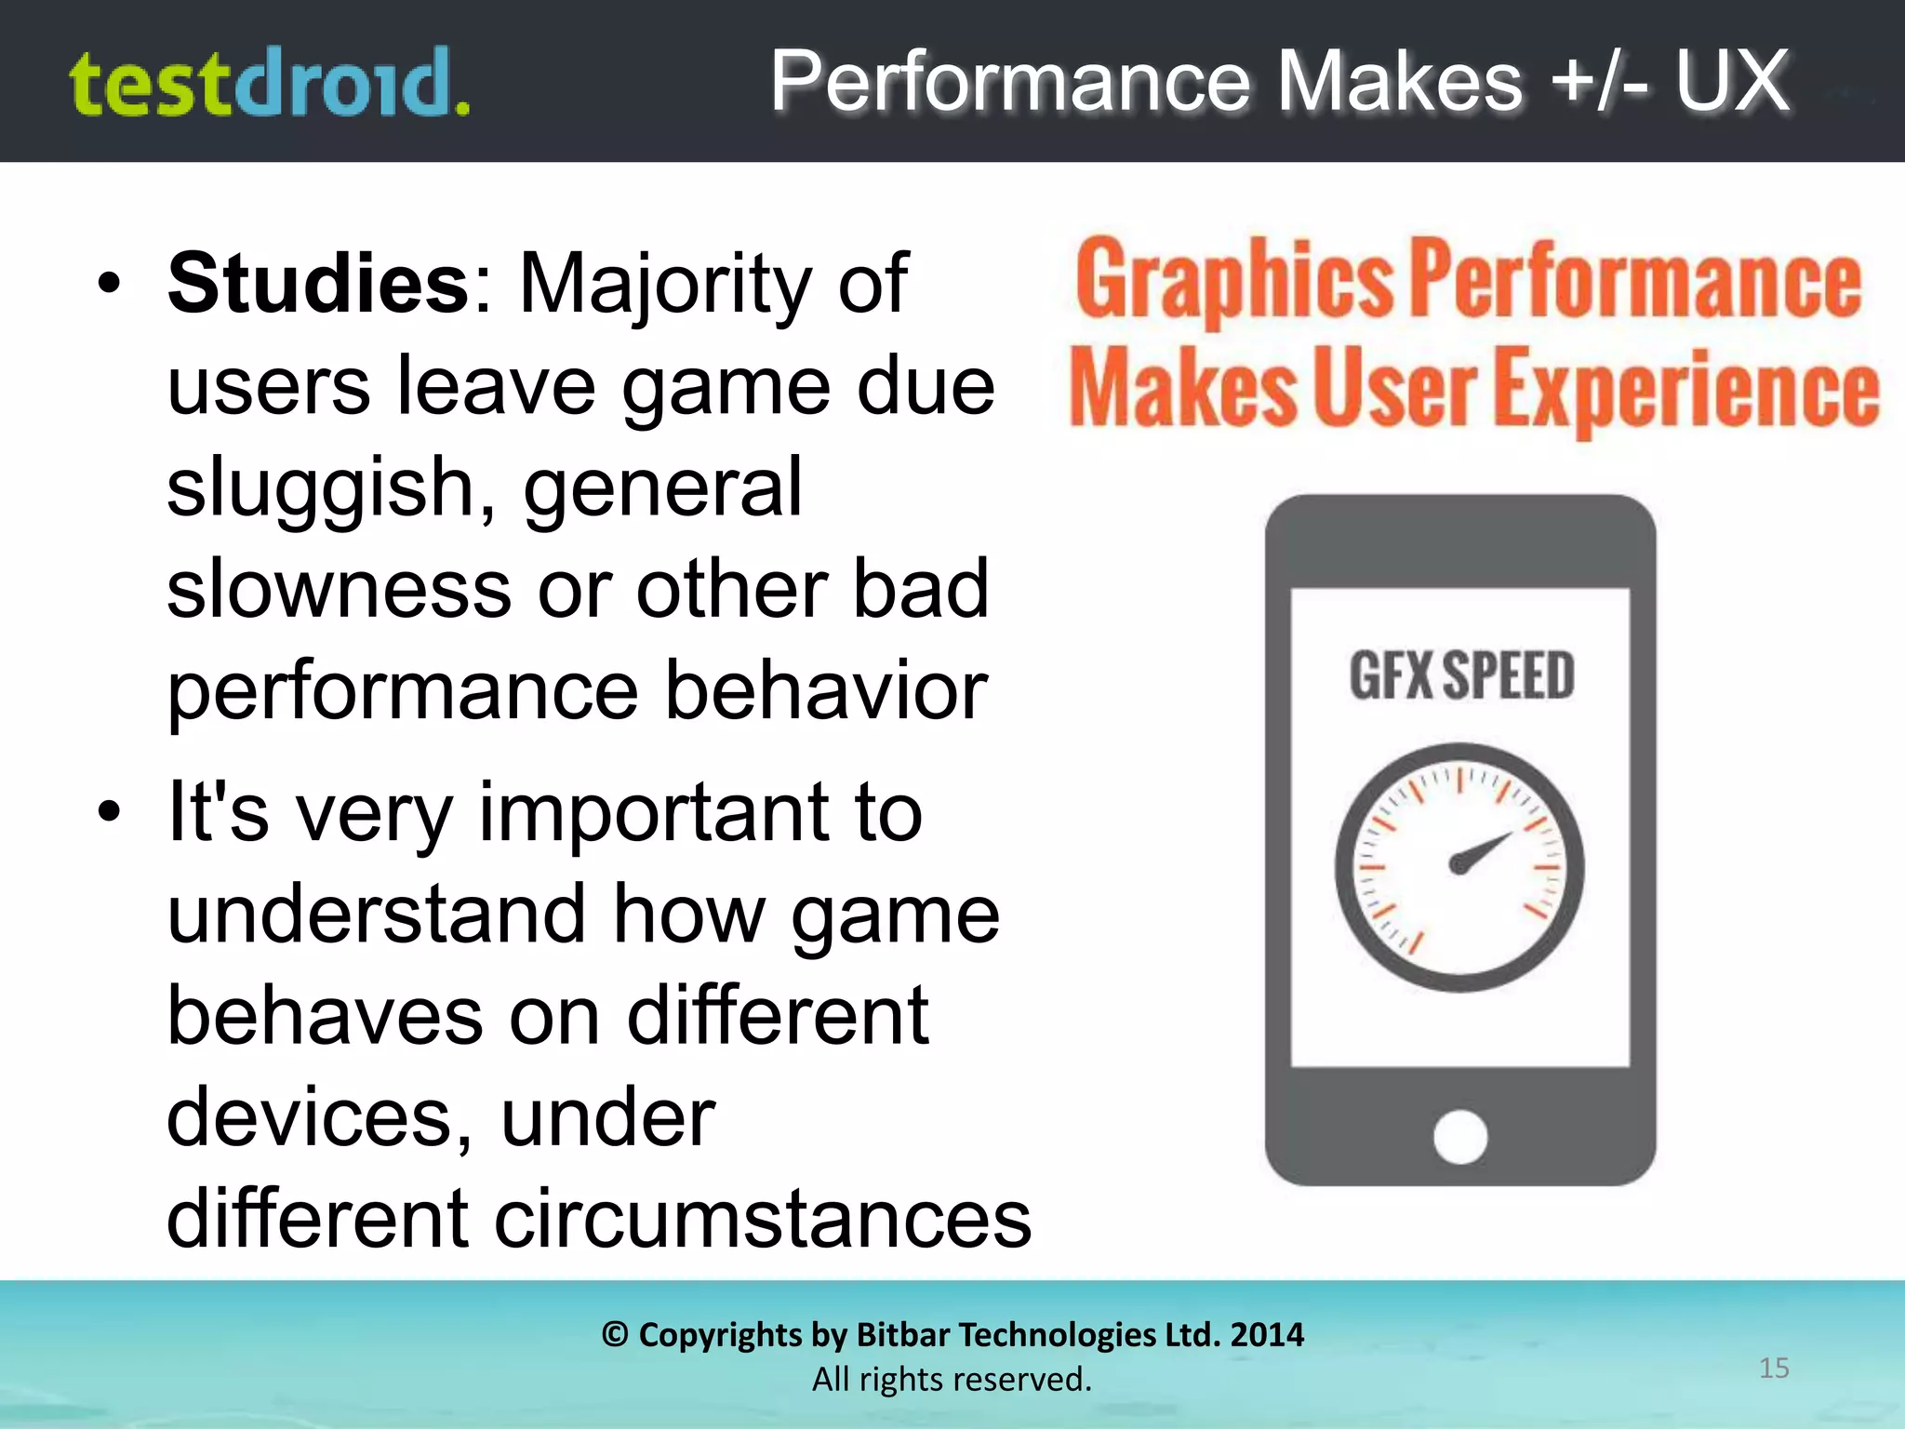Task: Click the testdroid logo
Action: click(270, 84)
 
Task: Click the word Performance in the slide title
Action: click(1010, 82)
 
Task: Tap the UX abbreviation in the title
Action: click(1732, 82)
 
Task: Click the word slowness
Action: click(340, 590)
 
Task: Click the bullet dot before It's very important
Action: click(110, 811)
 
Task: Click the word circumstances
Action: click(763, 1219)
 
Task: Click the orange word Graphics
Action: click(1233, 279)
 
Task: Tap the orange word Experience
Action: click(1689, 389)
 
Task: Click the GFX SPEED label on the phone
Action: click(1461, 675)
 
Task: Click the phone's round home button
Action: click(1460, 1136)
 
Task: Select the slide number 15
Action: click(1774, 1368)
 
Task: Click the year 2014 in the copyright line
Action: click(1267, 1335)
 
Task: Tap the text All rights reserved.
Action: click(952, 1379)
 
